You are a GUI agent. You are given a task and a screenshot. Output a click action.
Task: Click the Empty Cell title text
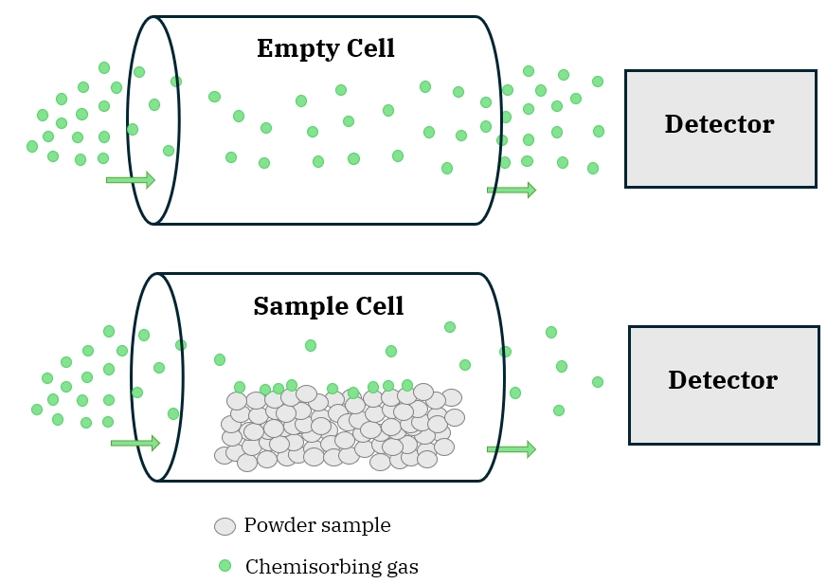[x=325, y=48]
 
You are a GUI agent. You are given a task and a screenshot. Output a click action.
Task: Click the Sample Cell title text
[x=328, y=306]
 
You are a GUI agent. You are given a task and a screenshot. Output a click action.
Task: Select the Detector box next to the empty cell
[x=720, y=128]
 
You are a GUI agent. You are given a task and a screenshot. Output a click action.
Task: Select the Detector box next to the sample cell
[x=724, y=384]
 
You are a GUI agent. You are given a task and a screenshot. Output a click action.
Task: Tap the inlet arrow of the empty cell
[x=130, y=179]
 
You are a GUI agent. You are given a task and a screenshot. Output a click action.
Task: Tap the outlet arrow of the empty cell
[x=511, y=190]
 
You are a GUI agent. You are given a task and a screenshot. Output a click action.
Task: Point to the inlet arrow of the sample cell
[x=135, y=443]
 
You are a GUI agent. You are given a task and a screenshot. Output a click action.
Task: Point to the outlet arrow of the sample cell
[x=511, y=448]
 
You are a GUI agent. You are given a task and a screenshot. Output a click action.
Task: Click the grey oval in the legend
[x=225, y=526]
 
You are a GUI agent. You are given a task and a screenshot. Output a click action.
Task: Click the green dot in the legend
[x=225, y=566]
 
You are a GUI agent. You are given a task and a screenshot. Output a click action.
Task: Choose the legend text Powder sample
[x=316, y=525]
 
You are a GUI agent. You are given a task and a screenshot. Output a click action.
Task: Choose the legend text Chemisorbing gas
[x=332, y=567]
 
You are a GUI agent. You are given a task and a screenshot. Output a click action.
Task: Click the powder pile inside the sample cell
[x=336, y=427]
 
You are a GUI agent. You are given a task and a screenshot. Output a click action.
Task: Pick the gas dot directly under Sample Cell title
[x=311, y=345]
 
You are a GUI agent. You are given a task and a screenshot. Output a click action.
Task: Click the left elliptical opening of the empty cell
[x=153, y=120]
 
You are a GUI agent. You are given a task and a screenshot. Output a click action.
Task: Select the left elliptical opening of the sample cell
[x=157, y=377]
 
